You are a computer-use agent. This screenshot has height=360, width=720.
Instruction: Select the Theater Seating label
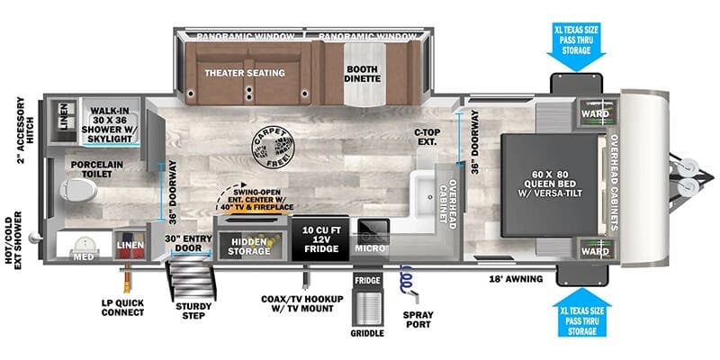244,73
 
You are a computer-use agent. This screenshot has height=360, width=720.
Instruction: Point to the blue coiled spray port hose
407,279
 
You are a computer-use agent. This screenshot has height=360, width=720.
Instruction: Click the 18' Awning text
517,279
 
